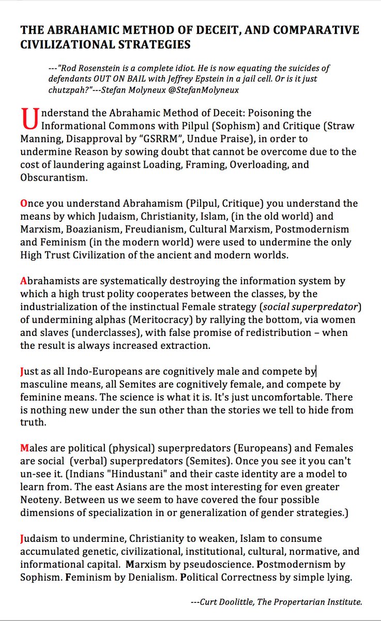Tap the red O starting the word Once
tap(24, 203)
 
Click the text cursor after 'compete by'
tap(316, 371)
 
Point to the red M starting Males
tap(25, 447)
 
